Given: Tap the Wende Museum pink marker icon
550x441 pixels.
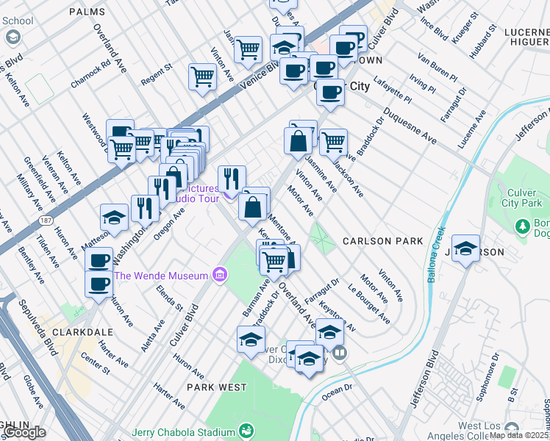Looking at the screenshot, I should tap(218, 276).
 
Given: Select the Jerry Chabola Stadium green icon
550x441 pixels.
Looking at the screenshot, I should tap(247, 430).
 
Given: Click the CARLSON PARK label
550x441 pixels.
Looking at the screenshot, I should tap(382, 241).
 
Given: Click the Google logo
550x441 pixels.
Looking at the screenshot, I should tap(24, 431).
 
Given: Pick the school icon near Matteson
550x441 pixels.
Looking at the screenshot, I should tap(115, 217).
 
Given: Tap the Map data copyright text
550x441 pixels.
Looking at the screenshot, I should tap(518, 435).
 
